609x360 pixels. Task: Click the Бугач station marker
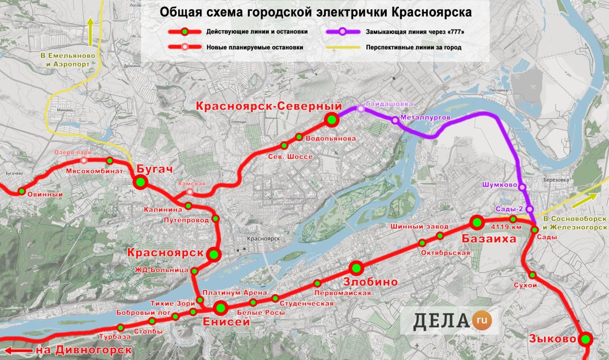tap(141, 182)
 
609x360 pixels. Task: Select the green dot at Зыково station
tap(586, 339)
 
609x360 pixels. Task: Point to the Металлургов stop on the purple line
tap(395, 120)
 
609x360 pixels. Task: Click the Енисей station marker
tap(221, 307)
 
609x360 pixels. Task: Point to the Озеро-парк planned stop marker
tap(84, 160)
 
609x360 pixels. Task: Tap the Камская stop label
tap(192, 184)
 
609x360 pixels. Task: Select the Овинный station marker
tap(22, 191)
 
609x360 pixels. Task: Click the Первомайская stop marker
tap(317, 283)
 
